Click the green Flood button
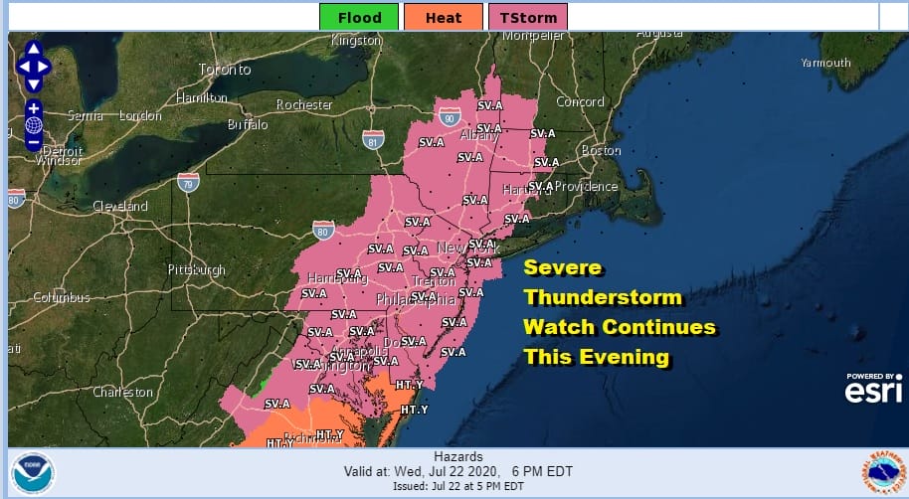(x=358, y=17)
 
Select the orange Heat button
(x=443, y=17)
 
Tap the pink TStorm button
(x=527, y=17)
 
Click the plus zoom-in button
(x=34, y=108)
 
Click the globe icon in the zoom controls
(x=34, y=125)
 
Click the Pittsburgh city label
(x=195, y=269)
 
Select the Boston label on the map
(x=600, y=150)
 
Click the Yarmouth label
(x=825, y=63)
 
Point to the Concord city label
(x=580, y=101)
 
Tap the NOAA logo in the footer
(x=33, y=471)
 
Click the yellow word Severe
(x=563, y=268)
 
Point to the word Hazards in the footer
(x=458, y=455)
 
